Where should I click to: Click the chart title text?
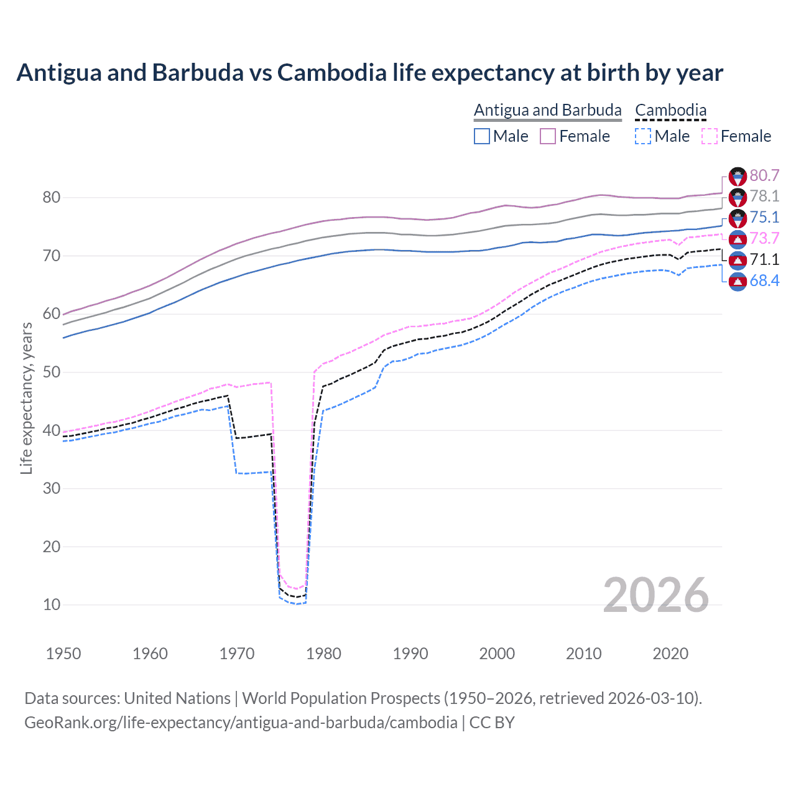369,73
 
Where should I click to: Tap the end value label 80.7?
764,175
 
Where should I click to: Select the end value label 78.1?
764,197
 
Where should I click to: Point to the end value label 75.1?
764,217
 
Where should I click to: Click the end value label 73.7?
764,238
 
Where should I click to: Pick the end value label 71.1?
764,259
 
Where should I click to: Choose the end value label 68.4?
764,280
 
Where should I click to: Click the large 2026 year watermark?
655,595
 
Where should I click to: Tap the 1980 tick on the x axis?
323,654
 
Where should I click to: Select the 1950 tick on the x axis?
63,654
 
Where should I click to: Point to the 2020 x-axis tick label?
670,654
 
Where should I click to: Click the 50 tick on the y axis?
52,373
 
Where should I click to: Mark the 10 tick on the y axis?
52,604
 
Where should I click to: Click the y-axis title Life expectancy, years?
26,398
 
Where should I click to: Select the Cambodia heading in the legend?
670,110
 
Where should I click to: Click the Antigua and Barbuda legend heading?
547,110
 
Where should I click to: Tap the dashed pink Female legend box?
710,136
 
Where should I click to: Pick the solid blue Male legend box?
482,136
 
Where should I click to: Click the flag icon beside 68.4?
738,281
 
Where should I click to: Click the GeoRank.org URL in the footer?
241,723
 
